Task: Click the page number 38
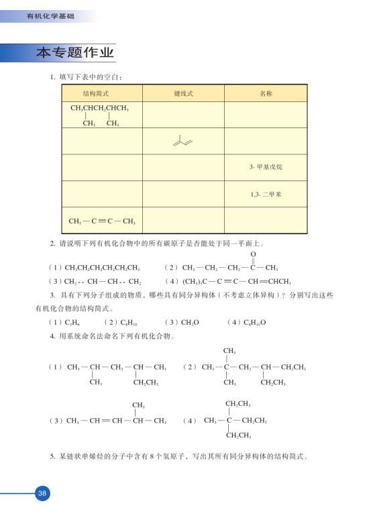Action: click(42, 493)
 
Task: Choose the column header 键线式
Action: click(183, 94)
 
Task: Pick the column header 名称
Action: click(265, 94)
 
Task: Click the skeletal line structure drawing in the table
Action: click(182, 141)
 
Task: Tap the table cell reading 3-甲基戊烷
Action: click(265, 167)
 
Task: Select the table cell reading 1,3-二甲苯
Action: click(265, 194)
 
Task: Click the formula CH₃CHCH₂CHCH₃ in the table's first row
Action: click(99, 108)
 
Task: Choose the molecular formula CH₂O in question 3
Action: click(190, 322)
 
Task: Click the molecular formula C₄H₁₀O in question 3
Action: click(252, 322)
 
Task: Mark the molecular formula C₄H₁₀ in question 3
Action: click(125, 322)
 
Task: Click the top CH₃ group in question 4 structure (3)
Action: click(140, 405)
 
